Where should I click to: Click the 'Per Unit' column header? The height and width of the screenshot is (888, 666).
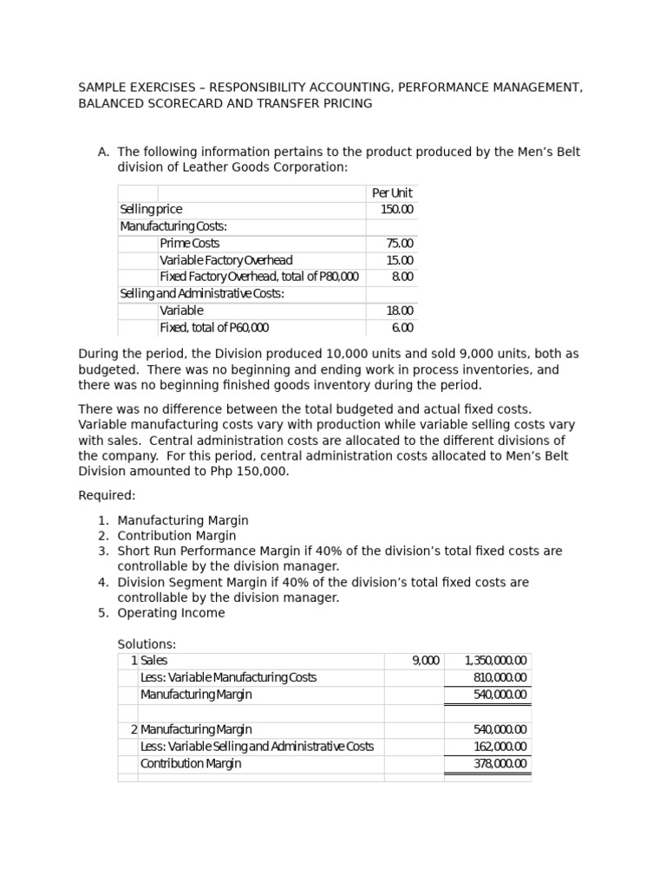[392, 193]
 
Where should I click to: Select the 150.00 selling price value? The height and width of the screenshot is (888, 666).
[397, 209]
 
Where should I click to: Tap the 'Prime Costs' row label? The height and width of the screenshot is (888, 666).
[189, 243]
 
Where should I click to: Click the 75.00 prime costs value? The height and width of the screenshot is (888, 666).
[400, 243]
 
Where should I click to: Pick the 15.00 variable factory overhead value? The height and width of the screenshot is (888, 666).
[400, 260]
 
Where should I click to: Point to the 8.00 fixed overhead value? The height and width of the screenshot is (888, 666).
[402, 277]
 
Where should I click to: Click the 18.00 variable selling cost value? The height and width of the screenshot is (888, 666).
[400, 310]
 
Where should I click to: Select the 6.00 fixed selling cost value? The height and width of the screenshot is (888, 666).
[402, 328]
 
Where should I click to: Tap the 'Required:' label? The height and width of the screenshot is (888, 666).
[107, 495]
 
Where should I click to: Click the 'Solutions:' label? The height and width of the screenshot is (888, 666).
[147, 644]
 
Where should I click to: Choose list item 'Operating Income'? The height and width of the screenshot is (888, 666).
[171, 613]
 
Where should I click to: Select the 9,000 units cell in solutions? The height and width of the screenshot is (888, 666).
[425, 661]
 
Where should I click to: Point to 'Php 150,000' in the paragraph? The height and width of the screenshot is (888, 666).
[251, 472]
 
